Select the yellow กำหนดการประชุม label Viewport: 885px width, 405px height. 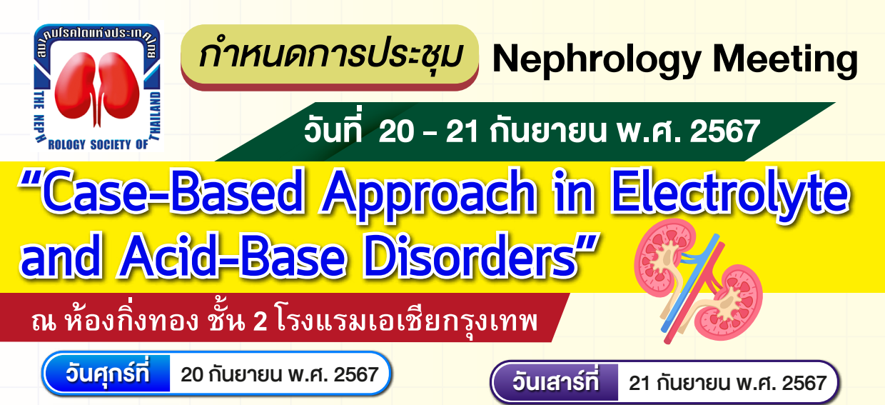(x=328, y=56)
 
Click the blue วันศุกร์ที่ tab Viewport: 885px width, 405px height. (x=107, y=374)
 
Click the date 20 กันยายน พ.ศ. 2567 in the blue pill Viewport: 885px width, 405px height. (x=279, y=374)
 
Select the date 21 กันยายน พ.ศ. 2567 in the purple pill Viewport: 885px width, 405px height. (x=727, y=384)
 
